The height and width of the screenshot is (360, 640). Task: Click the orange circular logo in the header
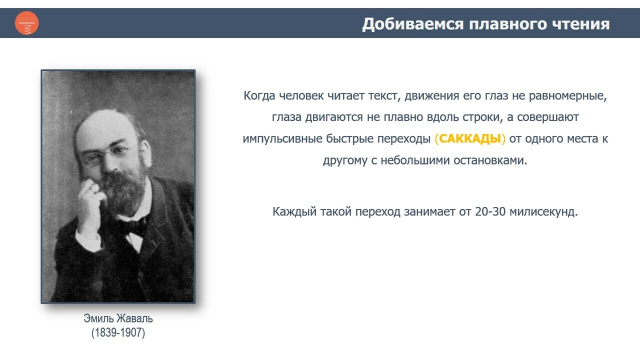[x=27, y=23]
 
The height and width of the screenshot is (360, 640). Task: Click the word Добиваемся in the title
[x=413, y=24]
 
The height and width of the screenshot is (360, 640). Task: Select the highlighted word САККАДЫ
[x=470, y=138]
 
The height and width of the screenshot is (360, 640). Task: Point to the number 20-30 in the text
[x=490, y=211]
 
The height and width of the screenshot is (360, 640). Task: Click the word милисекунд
[x=543, y=211]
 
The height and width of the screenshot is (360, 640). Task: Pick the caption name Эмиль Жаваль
[x=118, y=318]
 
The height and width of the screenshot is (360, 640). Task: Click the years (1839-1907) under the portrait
[x=118, y=332]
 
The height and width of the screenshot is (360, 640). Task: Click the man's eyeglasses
[x=105, y=154]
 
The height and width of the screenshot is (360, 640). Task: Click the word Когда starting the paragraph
[x=259, y=95]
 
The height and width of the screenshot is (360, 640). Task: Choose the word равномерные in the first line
[x=567, y=96]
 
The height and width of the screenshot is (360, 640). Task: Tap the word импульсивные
[x=282, y=139]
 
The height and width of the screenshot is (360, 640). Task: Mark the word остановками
[x=490, y=160]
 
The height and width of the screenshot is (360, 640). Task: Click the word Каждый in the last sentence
[x=294, y=212]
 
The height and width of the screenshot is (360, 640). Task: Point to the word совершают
[x=548, y=117]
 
